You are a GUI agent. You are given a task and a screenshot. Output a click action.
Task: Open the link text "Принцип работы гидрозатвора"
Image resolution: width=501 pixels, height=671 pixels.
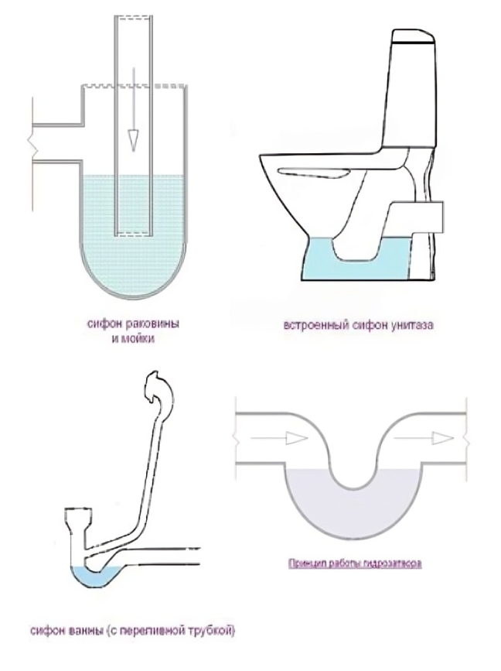point(355,563)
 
